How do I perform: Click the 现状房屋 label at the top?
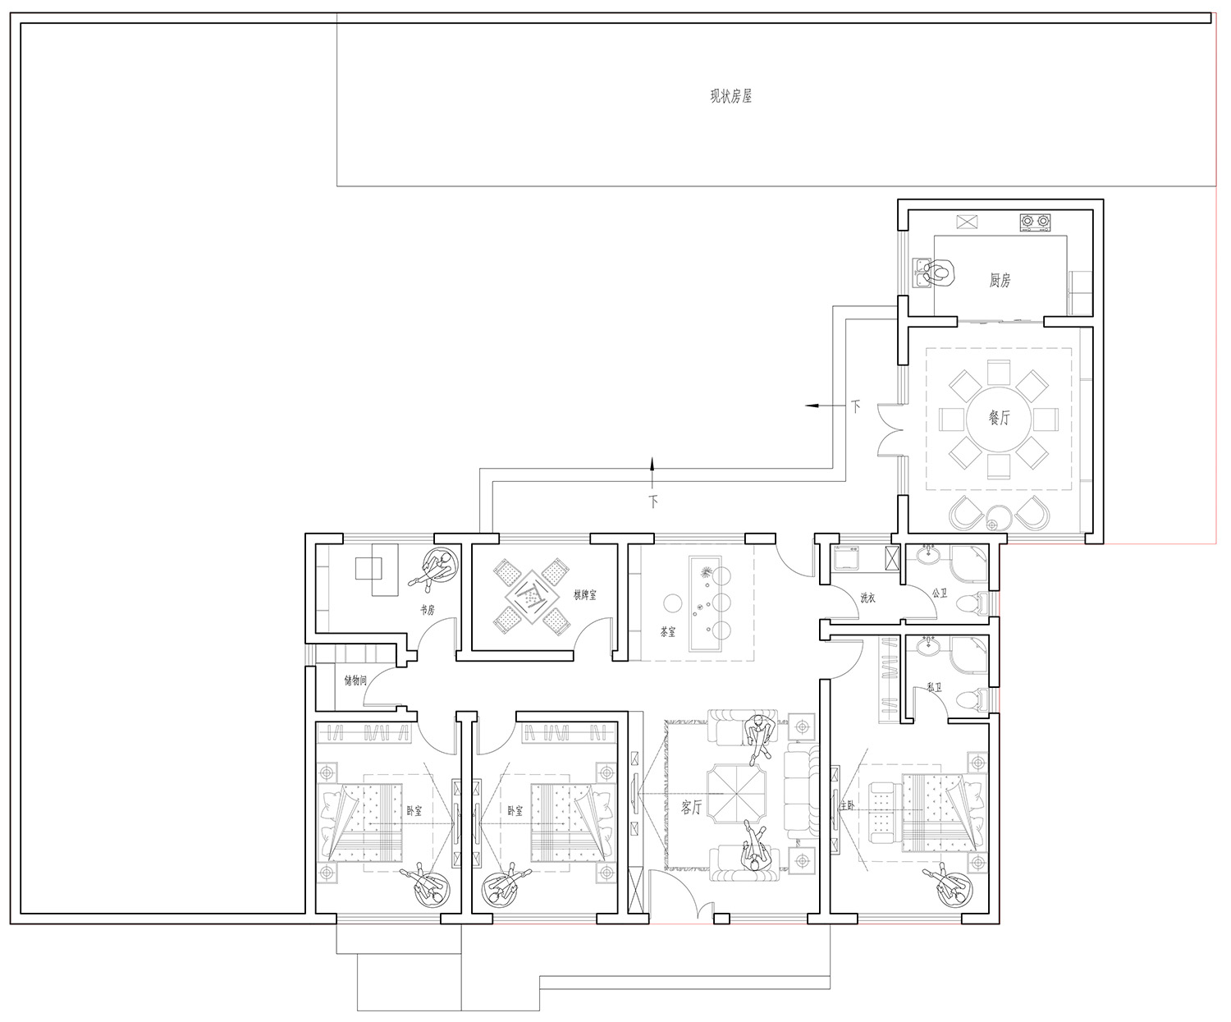(730, 96)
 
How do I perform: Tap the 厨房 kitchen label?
(1000, 280)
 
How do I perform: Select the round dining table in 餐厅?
(999, 419)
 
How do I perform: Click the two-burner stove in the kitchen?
(1035, 222)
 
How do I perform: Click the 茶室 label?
(668, 632)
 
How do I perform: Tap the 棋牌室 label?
(585, 595)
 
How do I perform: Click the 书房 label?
(428, 611)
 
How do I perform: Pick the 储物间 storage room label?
(355, 681)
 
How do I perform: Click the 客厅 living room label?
(692, 807)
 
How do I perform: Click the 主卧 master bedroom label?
(847, 805)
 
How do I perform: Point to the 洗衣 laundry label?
(867, 598)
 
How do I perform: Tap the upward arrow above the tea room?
(652, 472)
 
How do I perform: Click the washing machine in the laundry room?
(845, 558)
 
